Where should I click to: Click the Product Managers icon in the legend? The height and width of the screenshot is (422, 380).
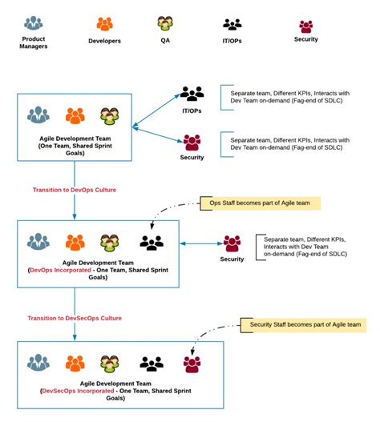(34, 24)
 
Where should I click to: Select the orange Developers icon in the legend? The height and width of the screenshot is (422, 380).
(104, 24)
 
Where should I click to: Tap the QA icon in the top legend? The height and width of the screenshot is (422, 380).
(166, 23)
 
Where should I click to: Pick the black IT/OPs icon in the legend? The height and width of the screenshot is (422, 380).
(232, 24)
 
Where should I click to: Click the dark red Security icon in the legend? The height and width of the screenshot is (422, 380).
(305, 26)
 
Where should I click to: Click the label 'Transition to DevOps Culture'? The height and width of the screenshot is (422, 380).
(75, 190)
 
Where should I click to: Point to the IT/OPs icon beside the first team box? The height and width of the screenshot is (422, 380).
(192, 93)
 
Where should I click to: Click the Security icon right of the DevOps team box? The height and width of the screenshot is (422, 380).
(232, 243)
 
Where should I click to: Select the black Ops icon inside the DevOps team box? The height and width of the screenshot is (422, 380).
(152, 241)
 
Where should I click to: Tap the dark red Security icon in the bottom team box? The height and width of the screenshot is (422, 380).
(192, 364)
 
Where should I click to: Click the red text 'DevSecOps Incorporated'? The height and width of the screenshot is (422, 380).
(77, 390)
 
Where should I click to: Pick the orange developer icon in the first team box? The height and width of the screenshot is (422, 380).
(75, 115)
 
